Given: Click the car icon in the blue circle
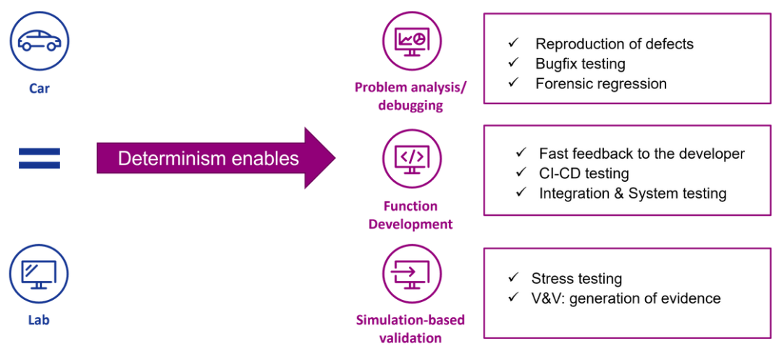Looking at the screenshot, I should coord(39,41).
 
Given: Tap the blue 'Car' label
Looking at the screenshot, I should coord(39,88).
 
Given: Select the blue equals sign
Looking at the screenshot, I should coord(39,158).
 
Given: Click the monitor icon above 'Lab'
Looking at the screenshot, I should coord(38,273).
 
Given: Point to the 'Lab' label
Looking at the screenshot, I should coord(38,319).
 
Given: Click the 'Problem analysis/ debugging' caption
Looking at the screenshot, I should coord(411,96).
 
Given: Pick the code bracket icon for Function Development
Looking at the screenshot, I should coord(411,158).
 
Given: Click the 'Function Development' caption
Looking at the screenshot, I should coord(411,215).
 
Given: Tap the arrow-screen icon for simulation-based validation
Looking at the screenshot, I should coord(411,273).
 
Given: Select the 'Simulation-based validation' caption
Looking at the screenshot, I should coord(411,329).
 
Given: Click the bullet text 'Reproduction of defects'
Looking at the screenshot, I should coord(614,44).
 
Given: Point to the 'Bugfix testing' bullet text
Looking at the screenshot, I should coord(580,64).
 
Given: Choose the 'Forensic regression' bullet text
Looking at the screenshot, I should coord(601,83).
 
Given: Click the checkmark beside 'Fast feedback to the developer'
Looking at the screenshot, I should coord(521,154).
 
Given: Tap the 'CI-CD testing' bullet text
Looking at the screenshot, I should coord(584,173).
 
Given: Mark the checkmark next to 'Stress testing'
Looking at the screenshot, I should coord(513,278).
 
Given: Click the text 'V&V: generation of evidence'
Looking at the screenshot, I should coord(626,298).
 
